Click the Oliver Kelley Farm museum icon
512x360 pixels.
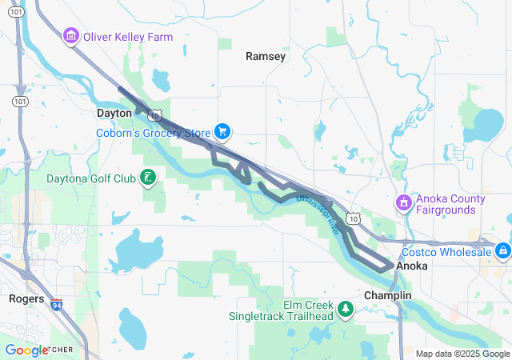tap(70, 36)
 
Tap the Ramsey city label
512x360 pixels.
tap(265, 56)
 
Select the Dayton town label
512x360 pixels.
tap(114, 114)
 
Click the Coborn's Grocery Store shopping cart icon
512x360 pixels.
tap(222, 132)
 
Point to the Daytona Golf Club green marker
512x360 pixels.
tap(147, 178)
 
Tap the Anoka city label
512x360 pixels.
tap(411, 265)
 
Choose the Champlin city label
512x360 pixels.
tap(387, 295)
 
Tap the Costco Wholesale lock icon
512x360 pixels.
tap(502, 251)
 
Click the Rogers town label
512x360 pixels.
tap(26, 298)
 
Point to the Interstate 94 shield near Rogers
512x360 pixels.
tap(56, 305)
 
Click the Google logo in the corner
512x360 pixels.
tap(27, 350)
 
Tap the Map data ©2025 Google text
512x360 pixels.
tap(462, 353)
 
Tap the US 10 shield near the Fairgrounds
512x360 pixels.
tap(354, 218)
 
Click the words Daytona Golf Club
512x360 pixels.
tap(92, 178)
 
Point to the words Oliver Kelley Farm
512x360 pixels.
tap(127, 37)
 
